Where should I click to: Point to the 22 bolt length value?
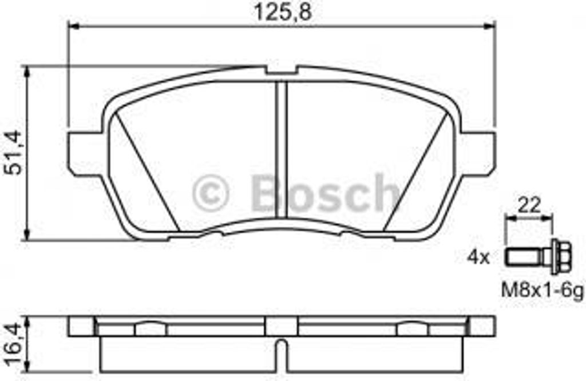click(529, 205)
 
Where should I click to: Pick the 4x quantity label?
click(478, 257)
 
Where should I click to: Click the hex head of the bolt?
click(561, 257)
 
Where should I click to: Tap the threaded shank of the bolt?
click(524, 257)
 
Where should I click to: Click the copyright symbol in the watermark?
click(211, 194)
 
